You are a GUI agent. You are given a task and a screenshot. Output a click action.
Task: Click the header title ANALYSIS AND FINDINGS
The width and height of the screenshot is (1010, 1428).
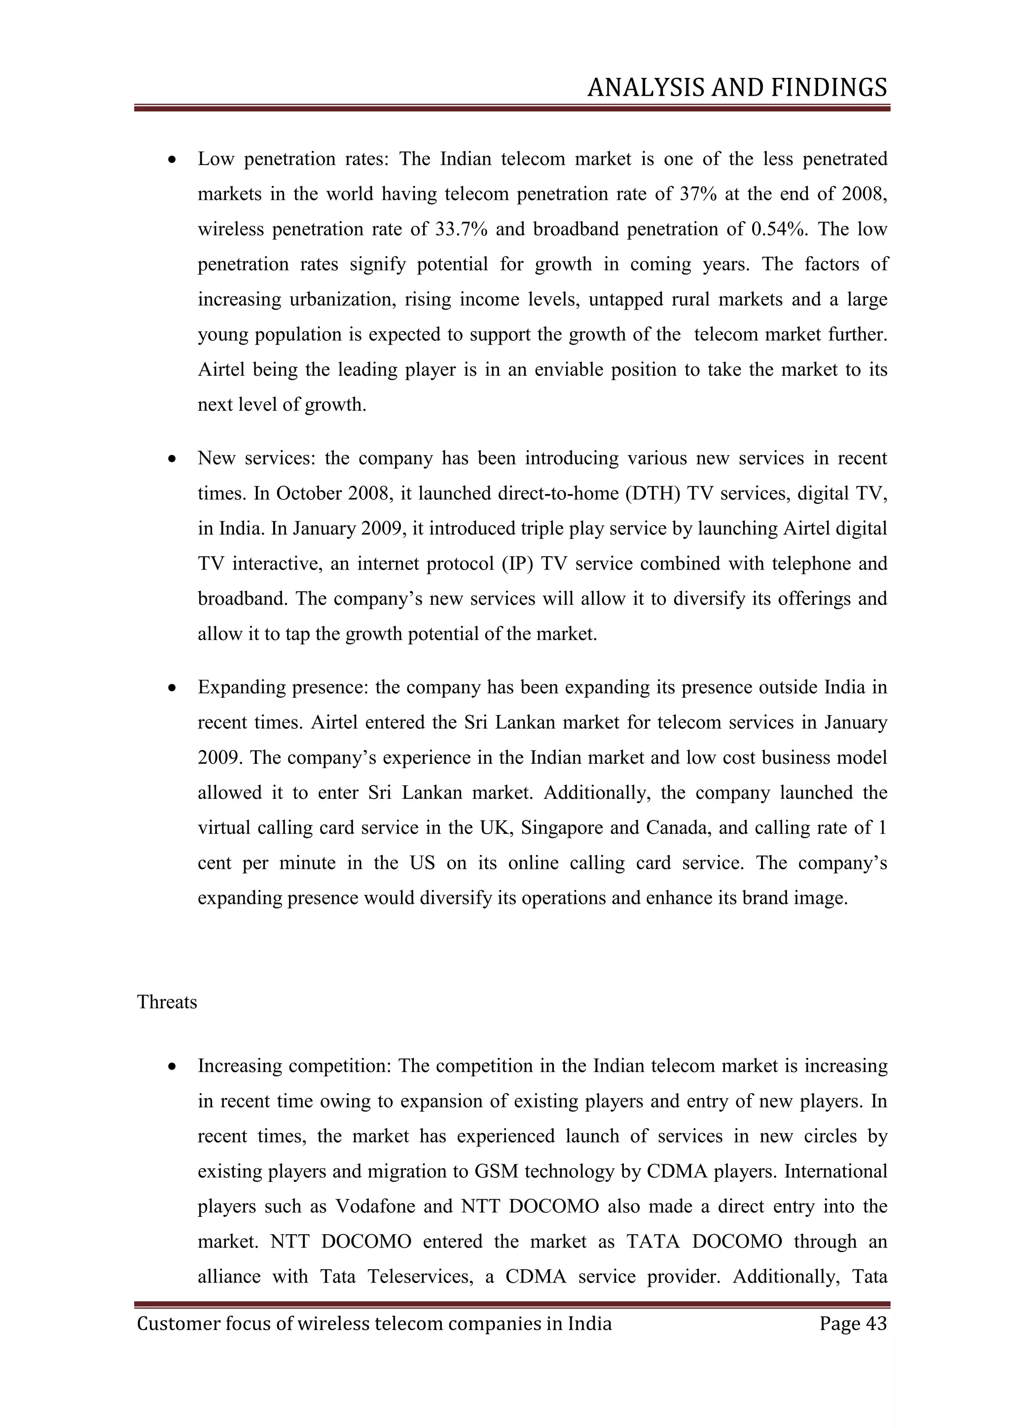(x=737, y=88)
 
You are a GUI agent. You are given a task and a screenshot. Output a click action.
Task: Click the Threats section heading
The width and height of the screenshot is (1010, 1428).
(x=167, y=1002)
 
